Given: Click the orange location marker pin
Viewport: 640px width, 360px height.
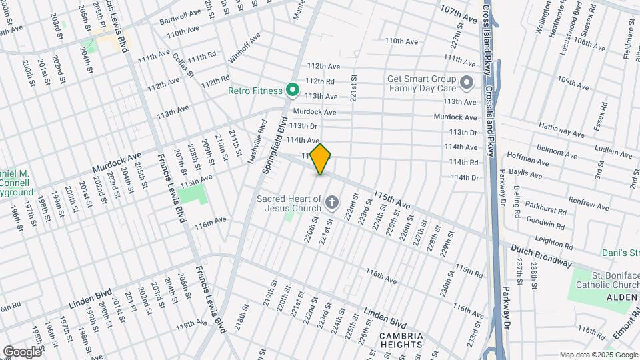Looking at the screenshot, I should click(x=321, y=159).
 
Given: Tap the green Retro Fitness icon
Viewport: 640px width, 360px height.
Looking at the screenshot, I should click(x=291, y=89).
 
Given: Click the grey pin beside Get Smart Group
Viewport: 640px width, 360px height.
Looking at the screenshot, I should click(x=467, y=83).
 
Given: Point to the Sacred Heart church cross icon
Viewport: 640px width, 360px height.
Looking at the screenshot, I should click(x=332, y=201).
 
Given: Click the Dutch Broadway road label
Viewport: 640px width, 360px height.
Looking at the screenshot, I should click(x=541, y=256).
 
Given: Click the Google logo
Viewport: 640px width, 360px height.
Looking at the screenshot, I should click(x=23, y=351).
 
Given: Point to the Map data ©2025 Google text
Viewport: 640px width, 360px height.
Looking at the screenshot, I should click(x=597, y=355).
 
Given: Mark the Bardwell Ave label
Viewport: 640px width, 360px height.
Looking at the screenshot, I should click(x=179, y=17).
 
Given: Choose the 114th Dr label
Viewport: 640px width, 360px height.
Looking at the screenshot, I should click(x=465, y=177).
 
